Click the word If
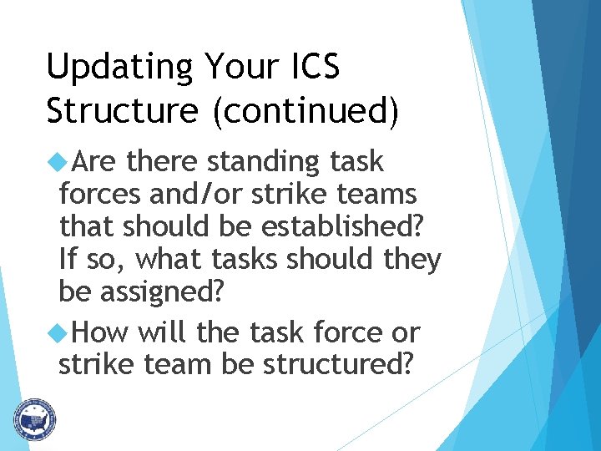click(x=68, y=260)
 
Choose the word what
click(x=167, y=260)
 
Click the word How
click(x=101, y=333)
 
